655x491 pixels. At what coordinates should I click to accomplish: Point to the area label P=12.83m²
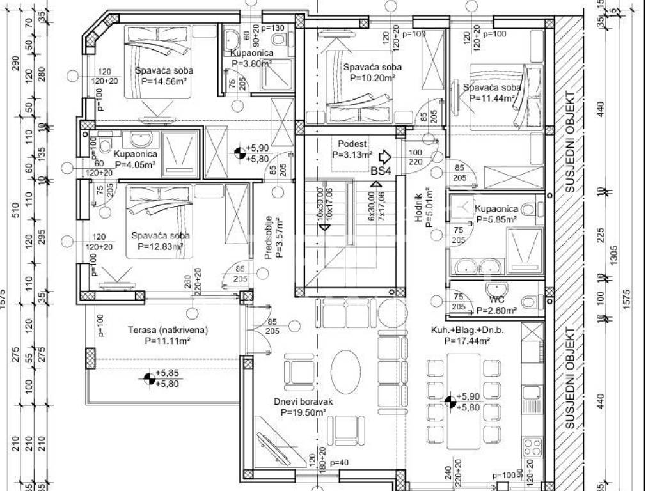157,246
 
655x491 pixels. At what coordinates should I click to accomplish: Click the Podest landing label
352,143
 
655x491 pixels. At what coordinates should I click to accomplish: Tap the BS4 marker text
381,171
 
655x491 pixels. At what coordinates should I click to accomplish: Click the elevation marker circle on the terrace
148,379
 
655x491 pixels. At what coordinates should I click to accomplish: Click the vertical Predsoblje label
269,237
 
